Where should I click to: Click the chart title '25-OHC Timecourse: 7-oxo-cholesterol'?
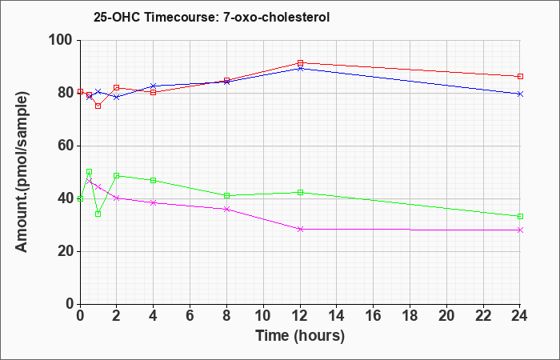tap(211, 17)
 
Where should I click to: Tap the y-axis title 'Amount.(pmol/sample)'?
tap(22, 172)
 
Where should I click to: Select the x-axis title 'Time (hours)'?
tap(300, 336)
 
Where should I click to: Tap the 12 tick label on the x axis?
tap(300, 316)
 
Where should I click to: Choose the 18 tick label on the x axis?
tap(410, 316)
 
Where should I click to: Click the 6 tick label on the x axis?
tap(190, 316)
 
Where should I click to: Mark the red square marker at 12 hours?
tap(300, 63)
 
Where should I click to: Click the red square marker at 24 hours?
tap(520, 77)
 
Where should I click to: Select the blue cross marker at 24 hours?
tap(520, 94)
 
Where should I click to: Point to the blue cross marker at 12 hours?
tap(300, 68)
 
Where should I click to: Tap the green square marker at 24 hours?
tap(520, 217)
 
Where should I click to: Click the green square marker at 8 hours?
tap(226, 196)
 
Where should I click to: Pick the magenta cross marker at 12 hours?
tap(300, 230)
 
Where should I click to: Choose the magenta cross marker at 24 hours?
tap(520, 230)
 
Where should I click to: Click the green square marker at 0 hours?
tap(80, 199)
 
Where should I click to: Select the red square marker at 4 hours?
tap(154, 93)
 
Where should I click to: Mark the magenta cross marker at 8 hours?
tap(226, 210)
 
